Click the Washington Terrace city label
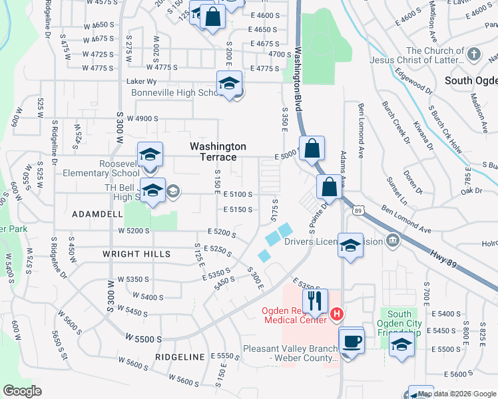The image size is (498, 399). click(218, 152)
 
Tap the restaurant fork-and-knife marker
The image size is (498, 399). click(316, 301)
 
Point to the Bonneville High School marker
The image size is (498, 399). click(229, 84)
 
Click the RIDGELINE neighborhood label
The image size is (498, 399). click(179, 357)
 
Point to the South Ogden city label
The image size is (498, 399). click(468, 80)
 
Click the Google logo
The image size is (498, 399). click(23, 391)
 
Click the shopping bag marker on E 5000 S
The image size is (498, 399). click(312, 149)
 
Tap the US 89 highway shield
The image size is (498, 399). click(358, 211)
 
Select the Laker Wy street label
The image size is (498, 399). click(141, 82)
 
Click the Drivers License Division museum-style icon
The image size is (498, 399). click(392, 240)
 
